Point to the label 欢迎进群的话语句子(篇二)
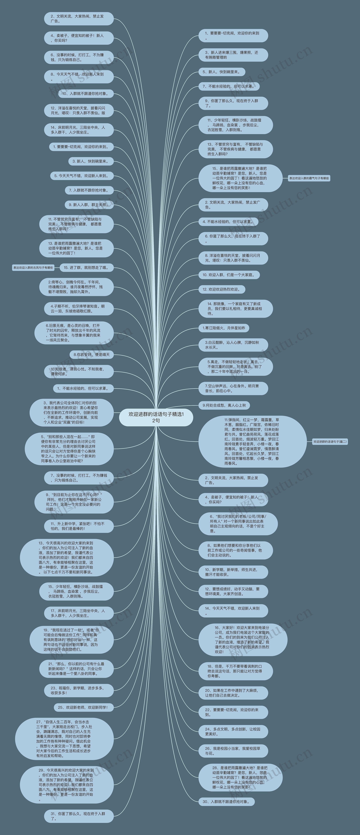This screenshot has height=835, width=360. coord(330,441)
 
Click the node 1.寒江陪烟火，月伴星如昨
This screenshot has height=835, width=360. coord(224,328)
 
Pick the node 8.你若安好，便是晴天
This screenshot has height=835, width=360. coord(91,355)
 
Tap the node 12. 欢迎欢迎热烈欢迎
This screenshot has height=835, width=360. coord(222,289)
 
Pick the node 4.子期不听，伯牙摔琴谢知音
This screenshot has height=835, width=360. coord(78,309)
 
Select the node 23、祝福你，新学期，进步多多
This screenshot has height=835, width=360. coord(78,690)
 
